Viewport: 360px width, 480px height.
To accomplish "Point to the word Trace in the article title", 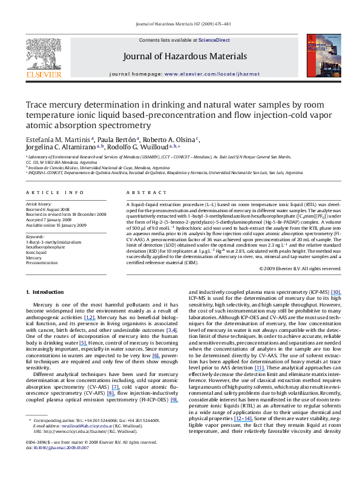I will (x=38, y=104).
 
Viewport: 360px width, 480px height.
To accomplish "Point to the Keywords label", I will (x=35, y=236).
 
